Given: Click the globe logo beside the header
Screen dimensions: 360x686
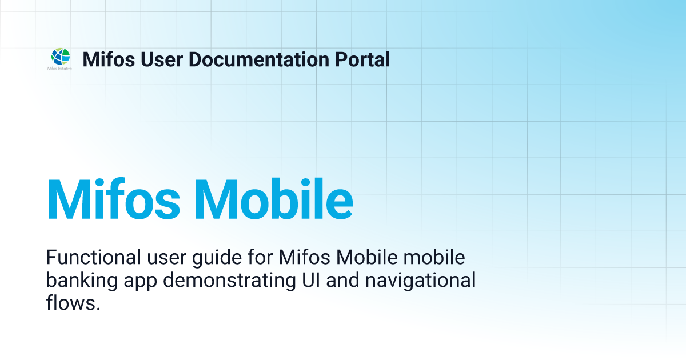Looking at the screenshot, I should (x=60, y=56).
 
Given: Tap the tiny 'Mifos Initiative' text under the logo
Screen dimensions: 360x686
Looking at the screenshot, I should (x=60, y=67).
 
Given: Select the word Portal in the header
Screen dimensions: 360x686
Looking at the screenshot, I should (x=363, y=59).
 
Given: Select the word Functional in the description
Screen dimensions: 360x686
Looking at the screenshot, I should (x=91, y=258).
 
